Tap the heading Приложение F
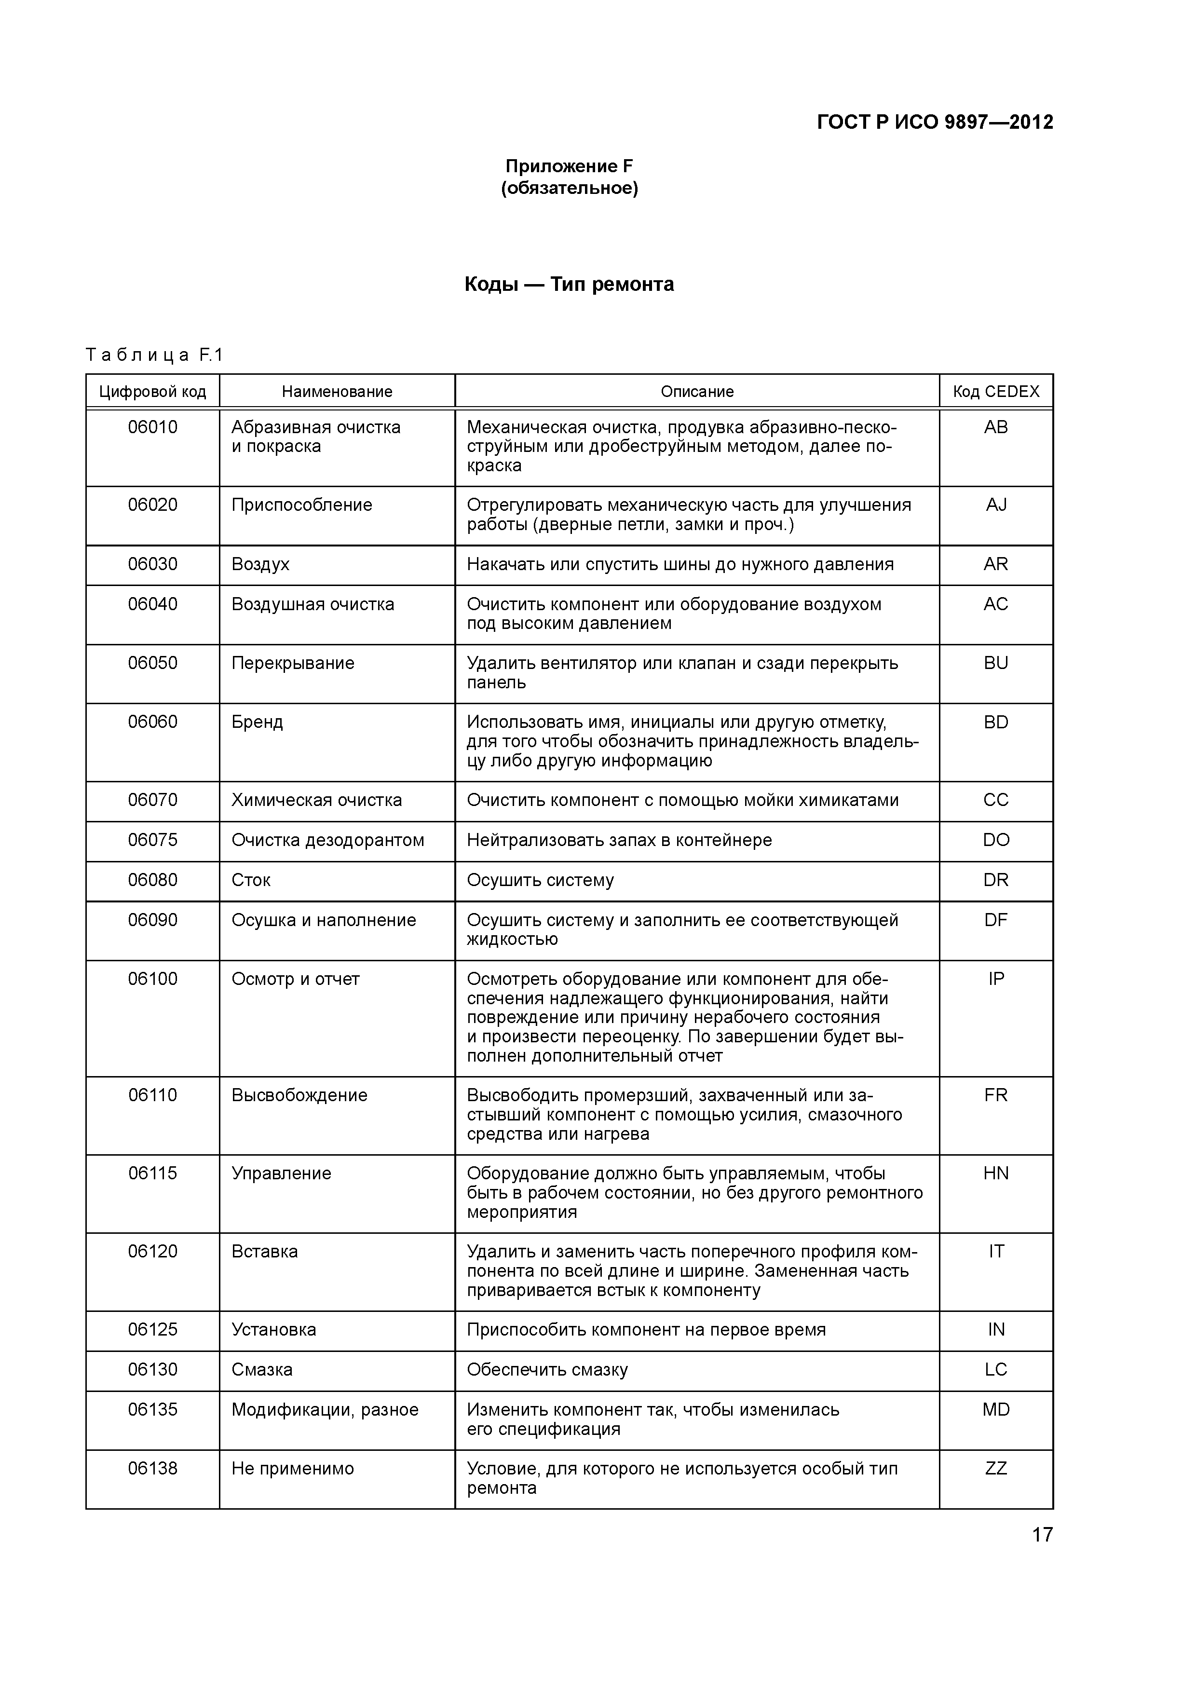[x=569, y=166]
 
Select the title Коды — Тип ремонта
[x=569, y=285]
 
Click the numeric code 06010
[x=152, y=427]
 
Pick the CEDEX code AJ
[x=995, y=505]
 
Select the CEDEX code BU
[x=995, y=663]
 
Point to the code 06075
[x=152, y=840]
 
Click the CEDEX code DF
[x=995, y=920]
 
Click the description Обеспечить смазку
[x=547, y=1369]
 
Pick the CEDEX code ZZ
[x=995, y=1468]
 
